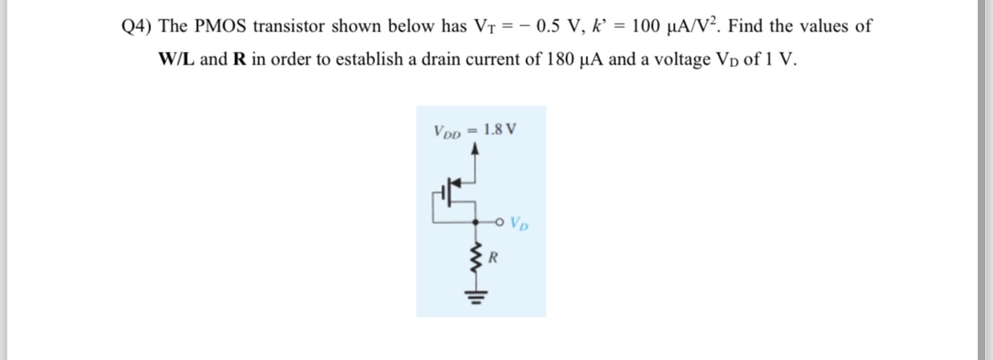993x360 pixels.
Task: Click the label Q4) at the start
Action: (x=137, y=26)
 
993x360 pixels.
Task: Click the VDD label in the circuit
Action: (x=449, y=132)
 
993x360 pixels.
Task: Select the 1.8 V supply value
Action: (x=499, y=131)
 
